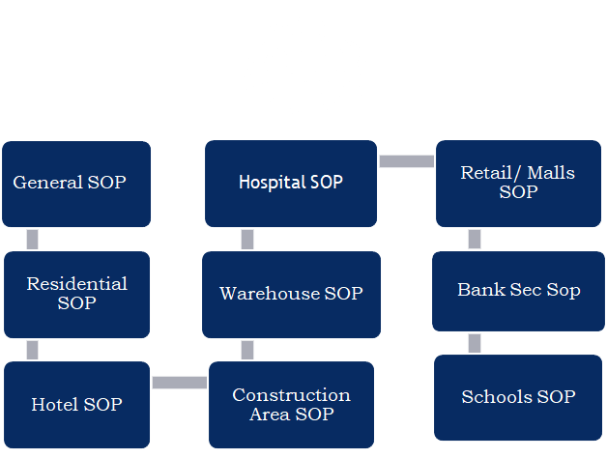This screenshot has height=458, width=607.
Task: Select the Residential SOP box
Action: pyautogui.click(x=76, y=294)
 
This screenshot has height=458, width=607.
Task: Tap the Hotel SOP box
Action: pyautogui.click(x=76, y=404)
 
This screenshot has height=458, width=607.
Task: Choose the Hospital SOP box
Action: pyautogui.click(x=291, y=183)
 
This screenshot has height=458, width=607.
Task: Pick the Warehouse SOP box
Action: pyautogui.click(x=291, y=294)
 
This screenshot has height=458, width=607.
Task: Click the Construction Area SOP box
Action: pyautogui.click(x=291, y=404)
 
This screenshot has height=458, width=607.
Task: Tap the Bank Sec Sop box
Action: pyautogui.click(x=519, y=291)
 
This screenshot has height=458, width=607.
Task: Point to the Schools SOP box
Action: pyautogui.click(x=519, y=397)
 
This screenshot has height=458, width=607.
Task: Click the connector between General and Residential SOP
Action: pyautogui.click(x=33, y=240)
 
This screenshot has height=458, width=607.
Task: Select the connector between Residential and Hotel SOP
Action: pyautogui.click(x=33, y=350)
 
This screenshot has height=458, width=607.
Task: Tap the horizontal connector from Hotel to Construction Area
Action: pyautogui.click(x=180, y=383)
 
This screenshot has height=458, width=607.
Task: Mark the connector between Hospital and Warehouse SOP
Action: pyautogui.click(x=247, y=240)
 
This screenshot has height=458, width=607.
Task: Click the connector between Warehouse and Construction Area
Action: pyautogui.click(x=247, y=350)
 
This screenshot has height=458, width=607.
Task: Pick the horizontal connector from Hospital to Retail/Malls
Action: pyautogui.click(x=406, y=161)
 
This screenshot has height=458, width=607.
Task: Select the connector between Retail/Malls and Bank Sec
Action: pyautogui.click(x=475, y=240)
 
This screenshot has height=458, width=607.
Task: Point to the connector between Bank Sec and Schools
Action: pyautogui.click(x=475, y=343)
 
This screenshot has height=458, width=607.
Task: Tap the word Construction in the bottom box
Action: pyautogui.click(x=291, y=395)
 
